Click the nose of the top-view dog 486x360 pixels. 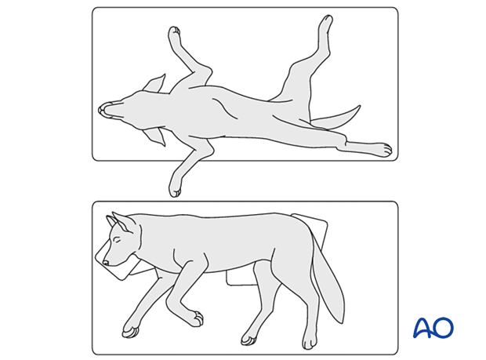pos(103,110)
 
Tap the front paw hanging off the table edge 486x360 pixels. pos(175,186)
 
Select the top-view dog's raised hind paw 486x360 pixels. pos(325,24)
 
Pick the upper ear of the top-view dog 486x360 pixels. pos(154,83)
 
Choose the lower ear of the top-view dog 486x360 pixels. pos(155,137)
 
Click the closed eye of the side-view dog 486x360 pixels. pos(117,240)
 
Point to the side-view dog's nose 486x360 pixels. pos(106,262)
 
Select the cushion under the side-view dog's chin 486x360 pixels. pos(117,263)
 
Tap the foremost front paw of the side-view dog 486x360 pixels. pos(130,331)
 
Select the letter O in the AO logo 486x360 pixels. pos(444,327)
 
